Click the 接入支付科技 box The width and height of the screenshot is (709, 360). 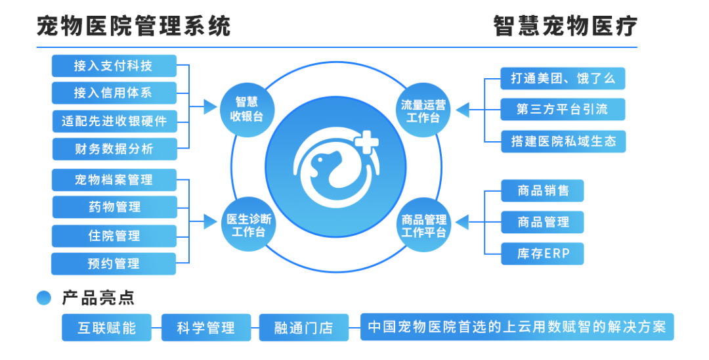(x=114, y=66)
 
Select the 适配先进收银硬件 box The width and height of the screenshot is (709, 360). (x=114, y=122)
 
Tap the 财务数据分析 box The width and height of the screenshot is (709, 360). (x=114, y=149)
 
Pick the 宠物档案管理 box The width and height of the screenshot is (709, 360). (x=114, y=179)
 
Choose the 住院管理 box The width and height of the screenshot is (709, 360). (x=114, y=236)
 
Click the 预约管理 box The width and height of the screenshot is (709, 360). (x=114, y=263)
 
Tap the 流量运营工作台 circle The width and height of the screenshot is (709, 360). (x=423, y=110)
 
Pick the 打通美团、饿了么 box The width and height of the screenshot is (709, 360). (x=563, y=78)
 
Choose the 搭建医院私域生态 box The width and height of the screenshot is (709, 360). (x=563, y=141)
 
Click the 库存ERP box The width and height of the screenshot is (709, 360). (x=542, y=254)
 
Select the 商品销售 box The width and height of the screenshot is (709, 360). (x=542, y=191)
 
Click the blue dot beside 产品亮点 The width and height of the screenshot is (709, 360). (x=44, y=298)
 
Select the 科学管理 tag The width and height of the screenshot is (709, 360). (x=205, y=328)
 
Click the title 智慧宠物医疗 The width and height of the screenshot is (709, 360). (x=565, y=27)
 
